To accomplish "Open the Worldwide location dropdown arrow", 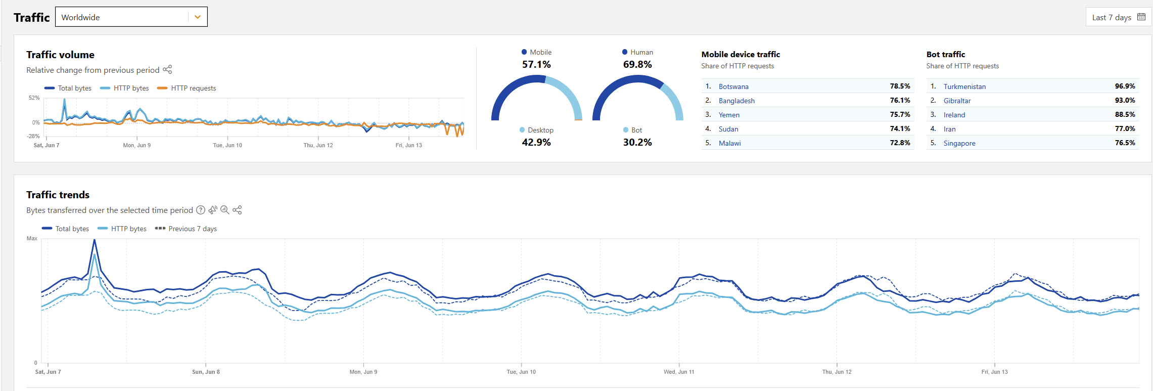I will click(x=197, y=17).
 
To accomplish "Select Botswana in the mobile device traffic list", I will click(x=733, y=86).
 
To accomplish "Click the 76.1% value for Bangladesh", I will click(x=900, y=101).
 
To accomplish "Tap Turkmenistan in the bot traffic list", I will click(x=964, y=86).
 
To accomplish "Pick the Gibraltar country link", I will click(x=957, y=101).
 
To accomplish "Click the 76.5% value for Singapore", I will click(x=1125, y=143).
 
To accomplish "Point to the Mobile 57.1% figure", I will click(x=536, y=65).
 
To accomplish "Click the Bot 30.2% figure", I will click(x=637, y=143).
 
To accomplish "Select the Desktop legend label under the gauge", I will click(x=540, y=130).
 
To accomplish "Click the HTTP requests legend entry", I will click(x=193, y=88).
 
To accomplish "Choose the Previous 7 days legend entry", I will click(x=192, y=229).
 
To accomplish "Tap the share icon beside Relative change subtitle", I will click(x=167, y=69).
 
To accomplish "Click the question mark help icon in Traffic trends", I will click(x=201, y=210).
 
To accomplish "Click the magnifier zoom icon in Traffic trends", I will click(x=225, y=210).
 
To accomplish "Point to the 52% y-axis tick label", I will click(x=34, y=98).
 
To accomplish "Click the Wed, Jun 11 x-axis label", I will click(x=679, y=372).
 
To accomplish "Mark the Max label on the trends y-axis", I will click(x=32, y=238).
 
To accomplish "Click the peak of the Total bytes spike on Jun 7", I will click(x=95, y=240).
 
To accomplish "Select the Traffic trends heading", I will click(x=58, y=195).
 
